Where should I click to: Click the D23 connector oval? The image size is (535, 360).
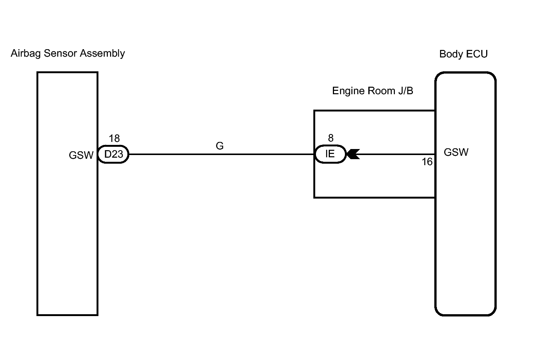click(x=113, y=154)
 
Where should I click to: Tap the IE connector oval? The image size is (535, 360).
click(x=330, y=154)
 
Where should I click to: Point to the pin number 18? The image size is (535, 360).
click(x=114, y=139)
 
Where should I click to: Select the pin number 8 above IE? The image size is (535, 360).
click(x=331, y=138)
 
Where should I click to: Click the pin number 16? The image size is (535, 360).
click(x=427, y=162)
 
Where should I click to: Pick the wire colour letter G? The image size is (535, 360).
click(x=220, y=146)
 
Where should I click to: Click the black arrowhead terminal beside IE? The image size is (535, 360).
click(x=353, y=154)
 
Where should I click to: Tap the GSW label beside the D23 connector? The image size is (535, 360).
click(x=81, y=155)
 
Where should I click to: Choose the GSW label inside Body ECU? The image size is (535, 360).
click(x=456, y=152)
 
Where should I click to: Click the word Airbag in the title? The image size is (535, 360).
click(x=26, y=53)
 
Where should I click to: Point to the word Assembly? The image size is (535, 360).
click(x=103, y=54)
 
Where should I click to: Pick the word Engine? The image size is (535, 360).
click(x=344, y=91)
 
